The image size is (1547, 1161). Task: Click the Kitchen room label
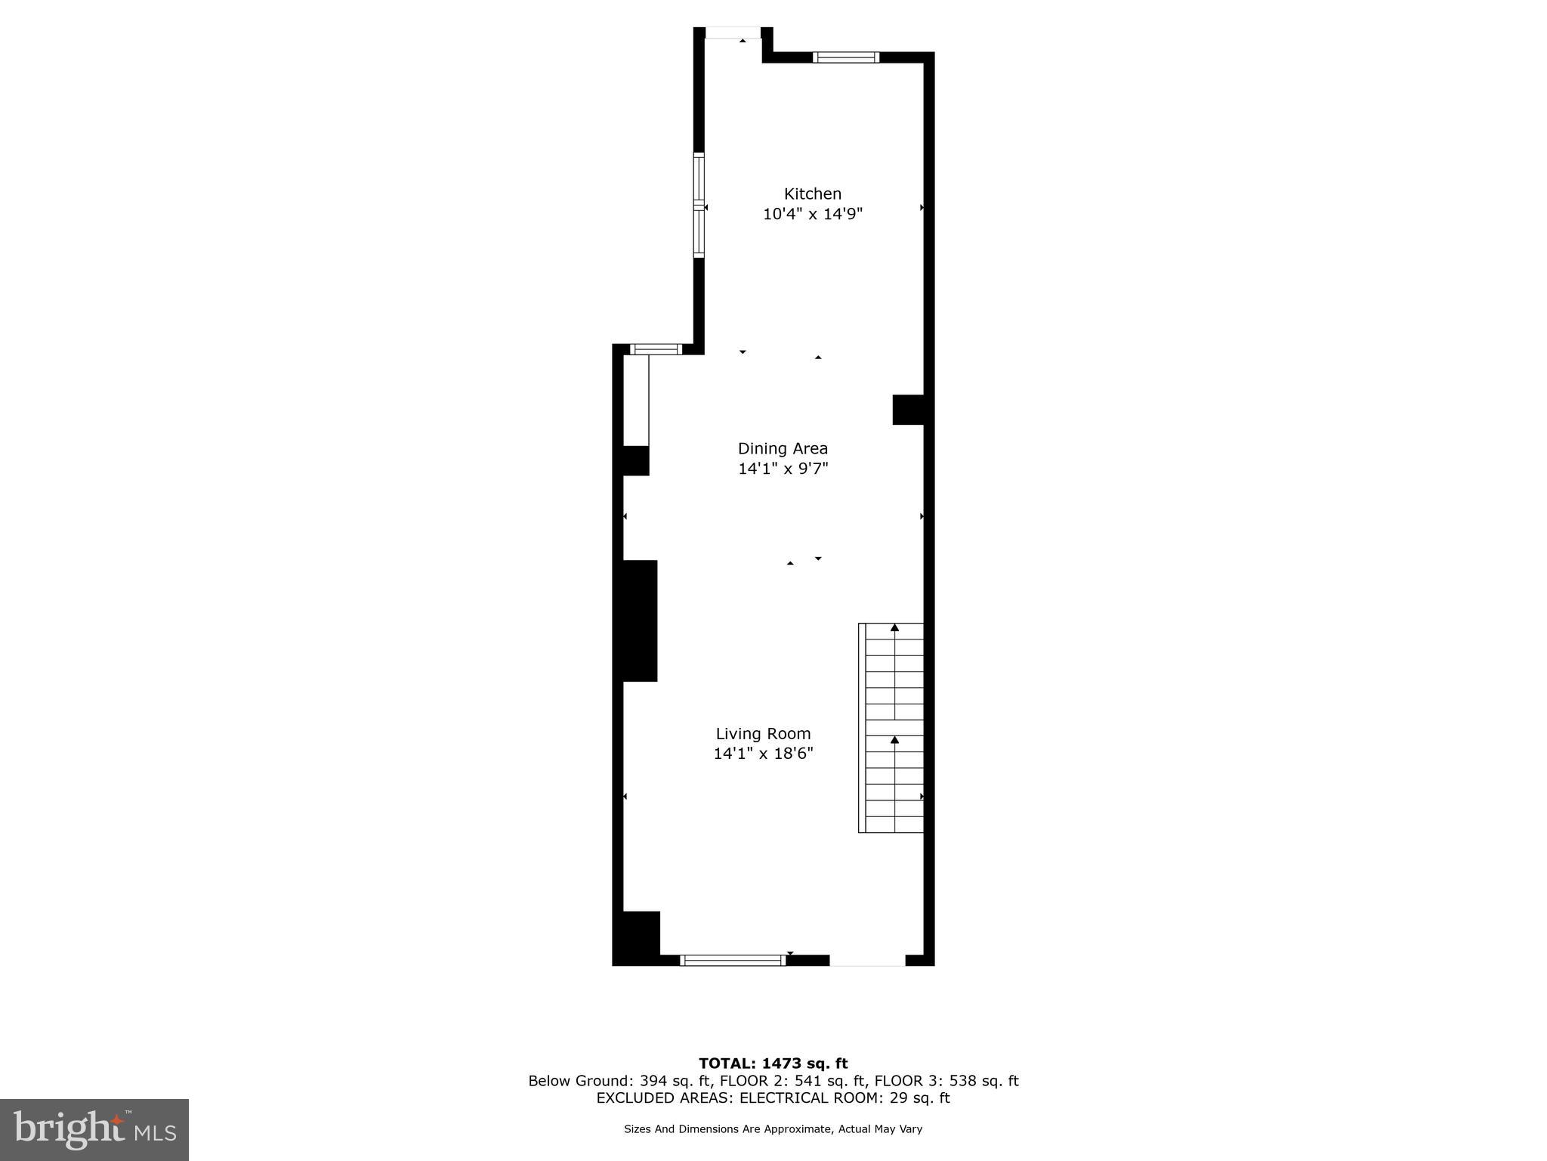(812, 194)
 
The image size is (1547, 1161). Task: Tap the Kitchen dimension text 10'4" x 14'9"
(812, 214)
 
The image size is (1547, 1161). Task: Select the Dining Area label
(783, 449)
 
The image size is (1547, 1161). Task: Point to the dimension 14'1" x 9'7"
(783, 469)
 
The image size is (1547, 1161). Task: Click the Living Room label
(763, 734)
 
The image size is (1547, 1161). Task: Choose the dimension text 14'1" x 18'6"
(763, 754)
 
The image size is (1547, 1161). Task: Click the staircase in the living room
(892, 727)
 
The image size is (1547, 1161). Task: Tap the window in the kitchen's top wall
(845, 57)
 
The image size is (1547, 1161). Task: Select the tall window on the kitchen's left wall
(699, 205)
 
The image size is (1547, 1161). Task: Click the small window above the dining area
(656, 349)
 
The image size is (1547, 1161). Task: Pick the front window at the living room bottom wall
(732, 961)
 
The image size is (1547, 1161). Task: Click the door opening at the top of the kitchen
(733, 33)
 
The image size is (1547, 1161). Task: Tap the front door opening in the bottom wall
(867, 961)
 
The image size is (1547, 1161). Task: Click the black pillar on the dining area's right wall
(908, 410)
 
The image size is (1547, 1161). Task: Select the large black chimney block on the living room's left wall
(639, 621)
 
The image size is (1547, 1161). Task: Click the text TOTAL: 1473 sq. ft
(773, 1064)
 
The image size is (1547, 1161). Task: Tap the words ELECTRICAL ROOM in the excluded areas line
(809, 1098)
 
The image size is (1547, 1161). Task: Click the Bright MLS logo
(94, 1129)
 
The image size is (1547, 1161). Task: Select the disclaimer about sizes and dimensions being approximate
(773, 1129)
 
